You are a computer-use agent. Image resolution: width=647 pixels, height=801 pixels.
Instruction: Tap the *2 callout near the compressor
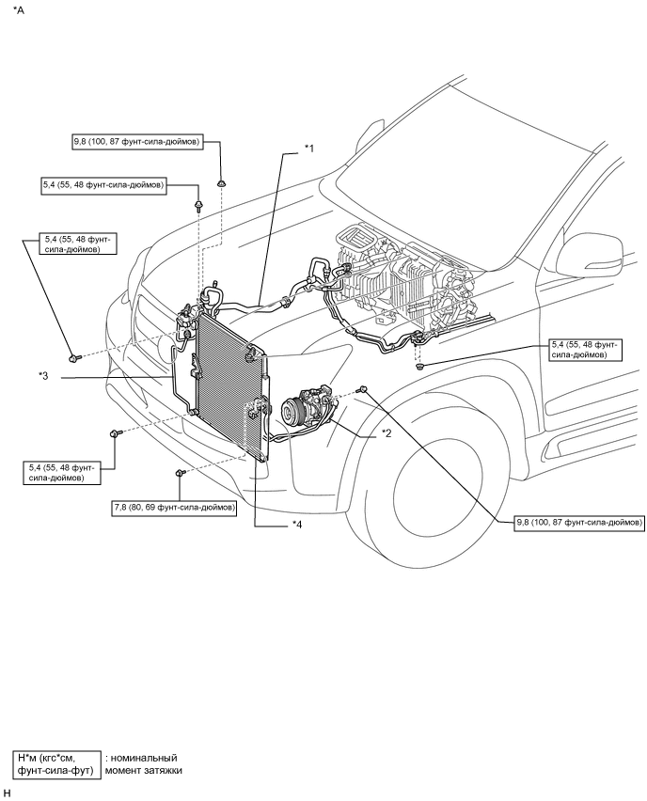coord(386,433)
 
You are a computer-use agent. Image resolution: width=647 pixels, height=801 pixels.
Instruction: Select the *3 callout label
coord(43,377)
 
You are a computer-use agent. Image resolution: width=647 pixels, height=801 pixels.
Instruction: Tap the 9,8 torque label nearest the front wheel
coord(579,521)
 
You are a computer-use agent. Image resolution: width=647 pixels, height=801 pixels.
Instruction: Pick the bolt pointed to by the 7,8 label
coord(179,474)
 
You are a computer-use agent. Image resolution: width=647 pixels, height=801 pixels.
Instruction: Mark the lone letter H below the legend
coord(7,793)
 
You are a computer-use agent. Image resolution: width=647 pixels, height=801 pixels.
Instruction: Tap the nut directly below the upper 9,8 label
coord(221,182)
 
